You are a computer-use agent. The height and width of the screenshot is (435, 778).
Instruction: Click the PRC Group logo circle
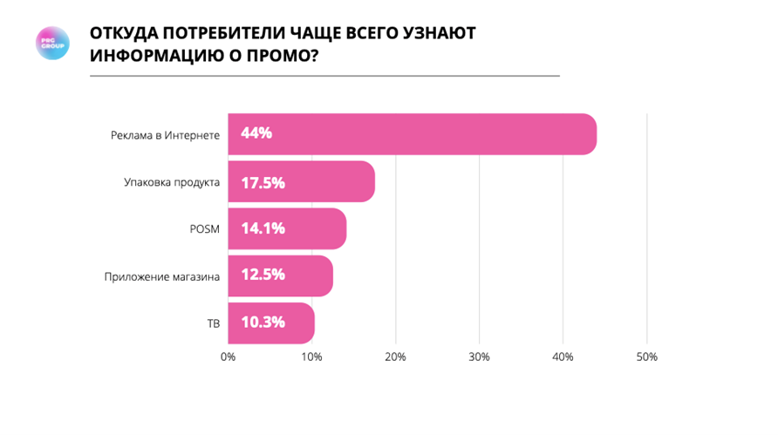tap(51, 44)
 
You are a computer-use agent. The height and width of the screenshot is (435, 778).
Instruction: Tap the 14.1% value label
tap(263, 229)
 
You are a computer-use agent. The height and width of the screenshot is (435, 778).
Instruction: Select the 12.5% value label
tap(263, 276)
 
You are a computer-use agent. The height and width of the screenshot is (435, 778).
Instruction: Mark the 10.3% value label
tap(263, 323)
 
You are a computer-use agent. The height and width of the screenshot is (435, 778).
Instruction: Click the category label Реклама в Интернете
tap(165, 135)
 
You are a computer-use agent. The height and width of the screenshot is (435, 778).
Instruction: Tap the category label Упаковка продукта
tap(173, 182)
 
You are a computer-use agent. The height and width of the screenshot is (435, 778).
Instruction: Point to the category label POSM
tap(205, 229)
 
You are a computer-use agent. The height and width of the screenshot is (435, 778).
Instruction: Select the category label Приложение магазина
tap(162, 276)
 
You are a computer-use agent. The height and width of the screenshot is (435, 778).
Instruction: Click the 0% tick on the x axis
tap(229, 357)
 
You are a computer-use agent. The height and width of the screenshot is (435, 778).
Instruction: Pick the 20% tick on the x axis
tap(395, 357)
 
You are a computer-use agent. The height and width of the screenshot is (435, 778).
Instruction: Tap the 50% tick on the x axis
tap(646, 357)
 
